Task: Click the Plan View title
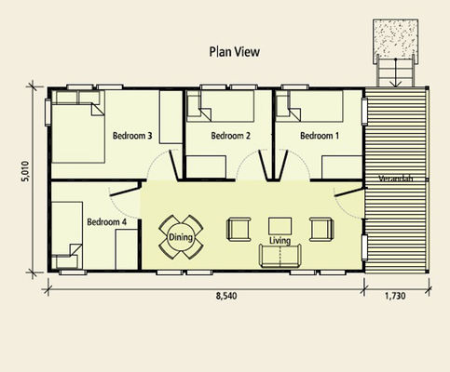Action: pos(234,54)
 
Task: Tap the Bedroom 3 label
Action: pos(132,136)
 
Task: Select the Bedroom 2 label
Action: pos(231,136)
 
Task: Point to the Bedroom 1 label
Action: pos(318,136)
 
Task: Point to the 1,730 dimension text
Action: pos(398,298)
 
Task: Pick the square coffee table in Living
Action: pos(280,225)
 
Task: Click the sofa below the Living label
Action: pos(280,256)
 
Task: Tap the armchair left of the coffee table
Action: pos(239,228)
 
